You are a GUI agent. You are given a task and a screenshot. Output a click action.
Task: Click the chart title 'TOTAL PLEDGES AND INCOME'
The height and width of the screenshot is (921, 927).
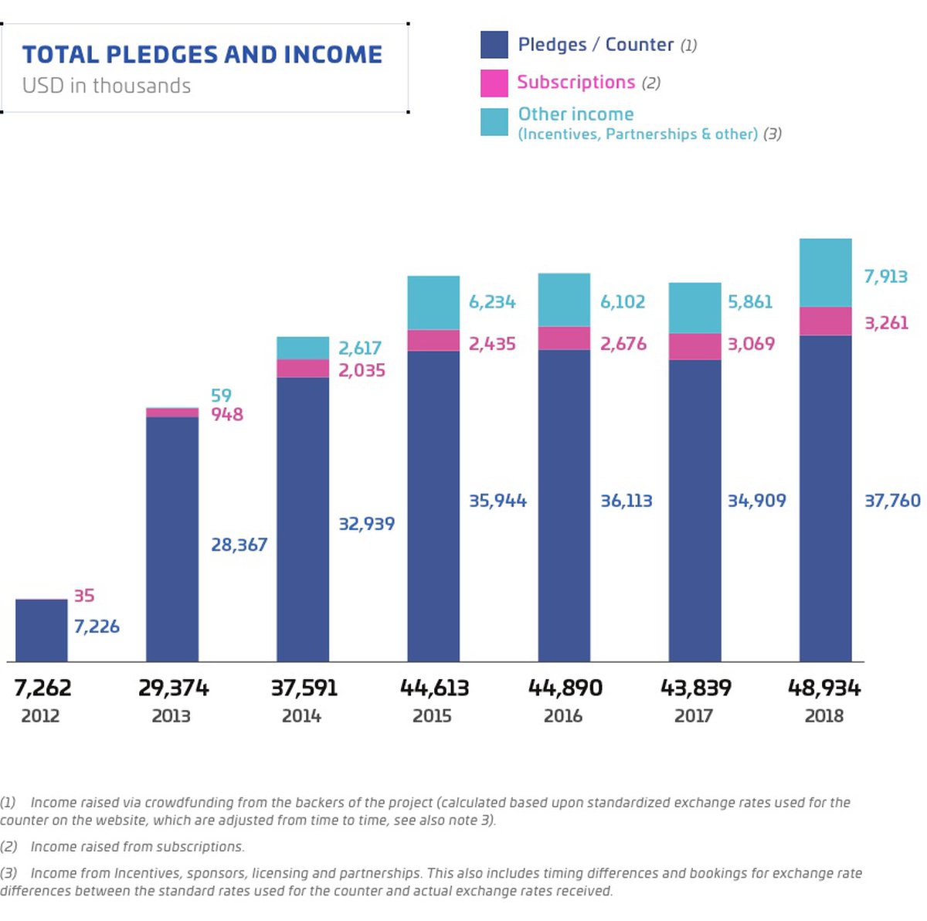(202, 55)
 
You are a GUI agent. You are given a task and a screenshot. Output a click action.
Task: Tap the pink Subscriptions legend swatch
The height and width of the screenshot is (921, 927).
(494, 83)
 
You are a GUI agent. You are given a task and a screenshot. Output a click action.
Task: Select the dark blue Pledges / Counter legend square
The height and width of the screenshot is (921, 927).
(494, 45)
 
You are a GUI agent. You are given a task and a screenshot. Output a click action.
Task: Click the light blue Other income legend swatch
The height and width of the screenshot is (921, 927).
(494, 122)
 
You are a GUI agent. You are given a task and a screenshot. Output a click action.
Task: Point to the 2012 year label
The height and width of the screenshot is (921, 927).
(40, 716)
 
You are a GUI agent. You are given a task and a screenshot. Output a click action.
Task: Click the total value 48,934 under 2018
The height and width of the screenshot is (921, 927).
(823, 688)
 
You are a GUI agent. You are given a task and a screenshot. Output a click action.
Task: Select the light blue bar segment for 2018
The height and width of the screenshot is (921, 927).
(825, 273)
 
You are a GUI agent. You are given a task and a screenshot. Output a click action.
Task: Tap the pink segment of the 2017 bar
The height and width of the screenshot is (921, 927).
(694, 346)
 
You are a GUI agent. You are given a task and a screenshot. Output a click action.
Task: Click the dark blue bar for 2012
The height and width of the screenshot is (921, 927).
(42, 630)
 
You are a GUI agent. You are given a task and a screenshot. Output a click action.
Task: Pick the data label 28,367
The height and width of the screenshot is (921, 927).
(239, 545)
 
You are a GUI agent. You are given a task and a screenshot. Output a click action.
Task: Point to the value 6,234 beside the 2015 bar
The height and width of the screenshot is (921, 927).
(492, 302)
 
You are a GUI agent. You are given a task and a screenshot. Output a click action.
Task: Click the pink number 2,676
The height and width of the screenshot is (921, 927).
(623, 344)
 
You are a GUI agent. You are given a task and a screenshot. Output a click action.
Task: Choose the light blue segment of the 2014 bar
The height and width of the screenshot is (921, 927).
(303, 348)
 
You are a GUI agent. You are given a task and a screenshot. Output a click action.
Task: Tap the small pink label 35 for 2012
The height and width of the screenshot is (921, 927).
(84, 596)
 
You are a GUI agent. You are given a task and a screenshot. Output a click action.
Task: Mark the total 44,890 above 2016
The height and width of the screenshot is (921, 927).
(565, 688)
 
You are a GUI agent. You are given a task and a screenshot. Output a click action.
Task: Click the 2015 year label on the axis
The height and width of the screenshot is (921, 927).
(432, 716)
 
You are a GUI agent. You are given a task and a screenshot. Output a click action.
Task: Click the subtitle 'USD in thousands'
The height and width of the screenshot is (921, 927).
(107, 86)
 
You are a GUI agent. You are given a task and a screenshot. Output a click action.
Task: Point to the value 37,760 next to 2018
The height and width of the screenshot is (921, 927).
(892, 501)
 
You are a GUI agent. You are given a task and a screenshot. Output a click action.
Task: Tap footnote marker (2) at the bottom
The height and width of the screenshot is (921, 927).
(8, 847)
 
